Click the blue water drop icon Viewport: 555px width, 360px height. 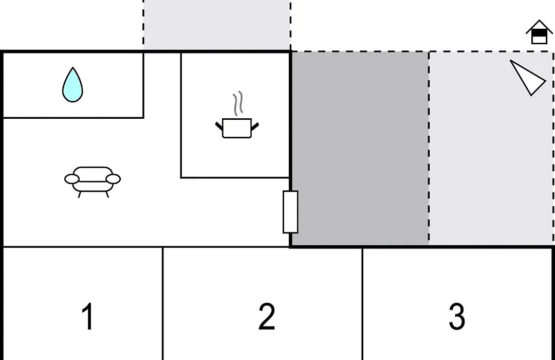[72, 85]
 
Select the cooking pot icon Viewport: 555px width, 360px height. [237, 128]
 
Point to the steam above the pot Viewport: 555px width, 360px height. [238, 103]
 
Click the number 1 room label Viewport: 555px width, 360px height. [88, 316]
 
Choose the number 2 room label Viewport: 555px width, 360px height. [267, 316]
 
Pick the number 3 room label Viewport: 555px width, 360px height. [457, 316]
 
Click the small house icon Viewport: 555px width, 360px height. [539, 32]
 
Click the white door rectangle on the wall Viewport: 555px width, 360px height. [290, 212]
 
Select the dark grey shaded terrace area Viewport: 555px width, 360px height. [360, 148]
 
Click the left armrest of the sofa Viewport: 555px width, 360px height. [71, 179]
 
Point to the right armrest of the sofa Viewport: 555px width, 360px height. [113, 179]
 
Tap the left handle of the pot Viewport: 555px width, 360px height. [219, 126]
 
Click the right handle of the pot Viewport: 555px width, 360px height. [255, 126]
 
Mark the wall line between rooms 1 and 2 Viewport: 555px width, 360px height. [163, 303]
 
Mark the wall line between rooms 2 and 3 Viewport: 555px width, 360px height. [362, 303]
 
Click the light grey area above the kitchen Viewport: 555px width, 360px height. [217, 25]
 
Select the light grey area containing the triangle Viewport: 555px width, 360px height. [491, 148]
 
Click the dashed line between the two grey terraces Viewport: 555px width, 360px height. [429, 148]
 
